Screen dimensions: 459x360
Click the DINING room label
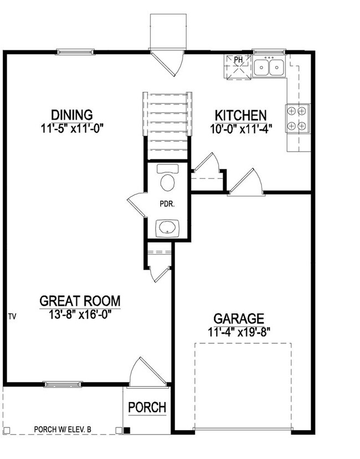(71, 115)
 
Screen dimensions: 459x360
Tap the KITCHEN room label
(240, 115)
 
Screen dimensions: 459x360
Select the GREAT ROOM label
(80, 301)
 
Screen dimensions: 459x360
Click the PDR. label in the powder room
(167, 203)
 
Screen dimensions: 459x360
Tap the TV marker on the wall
(12, 317)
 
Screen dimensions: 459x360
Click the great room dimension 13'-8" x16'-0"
(80, 314)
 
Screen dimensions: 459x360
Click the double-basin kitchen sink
(269, 66)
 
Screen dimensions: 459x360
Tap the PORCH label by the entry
(147, 408)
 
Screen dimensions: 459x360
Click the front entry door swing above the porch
(146, 372)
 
